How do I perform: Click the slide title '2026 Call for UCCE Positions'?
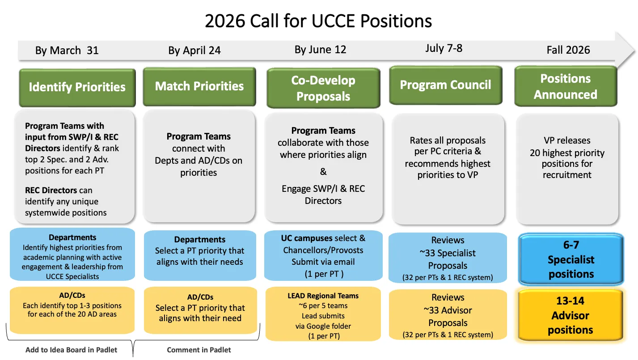pyautogui.click(x=318, y=21)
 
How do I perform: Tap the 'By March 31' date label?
pyautogui.click(x=67, y=51)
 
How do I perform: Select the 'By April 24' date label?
pyautogui.click(x=194, y=51)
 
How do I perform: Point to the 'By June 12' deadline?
pyautogui.click(x=320, y=49)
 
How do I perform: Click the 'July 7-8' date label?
pyautogui.click(x=444, y=48)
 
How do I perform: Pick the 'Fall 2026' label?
pyautogui.click(x=568, y=50)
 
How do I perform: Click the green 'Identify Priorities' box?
pyautogui.click(x=77, y=87)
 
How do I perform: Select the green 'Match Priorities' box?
pyautogui.click(x=199, y=86)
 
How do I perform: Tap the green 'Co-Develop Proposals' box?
pyautogui.click(x=323, y=88)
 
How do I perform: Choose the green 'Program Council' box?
pyautogui.click(x=445, y=85)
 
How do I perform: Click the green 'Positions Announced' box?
pyautogui.click(x=566, y=86)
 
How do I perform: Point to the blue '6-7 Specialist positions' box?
pyautogui.click(x=571, y=259)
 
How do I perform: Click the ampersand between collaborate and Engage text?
pyautogui.click(x=323, y=172)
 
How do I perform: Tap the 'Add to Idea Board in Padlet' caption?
pyautogui.click(x=71, y=350)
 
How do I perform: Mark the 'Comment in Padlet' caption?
pyautogui.click(x=199, y=350)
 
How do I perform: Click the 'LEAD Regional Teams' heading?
pyautogui.click(x=323, y=296)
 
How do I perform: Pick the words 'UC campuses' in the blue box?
pyautogui.click(x=307, y=238)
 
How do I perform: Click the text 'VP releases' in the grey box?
pyautogui.click(x=567, y=140)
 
